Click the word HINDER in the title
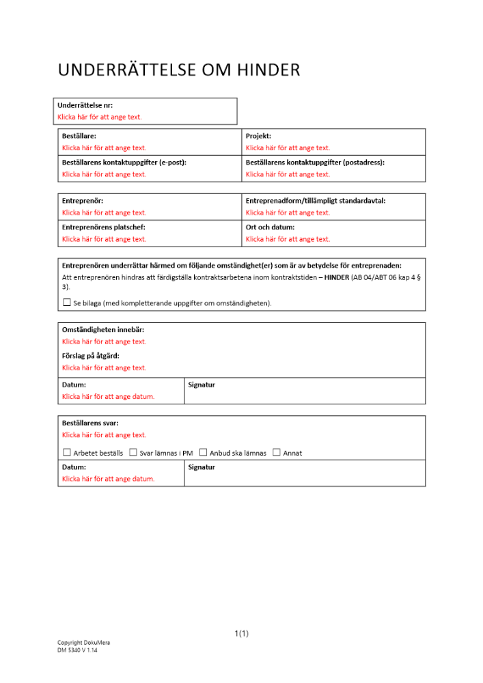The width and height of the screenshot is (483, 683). coord(268,70)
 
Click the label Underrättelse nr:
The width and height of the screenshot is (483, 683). coord(85,105)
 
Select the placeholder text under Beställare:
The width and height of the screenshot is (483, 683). coord(104,148)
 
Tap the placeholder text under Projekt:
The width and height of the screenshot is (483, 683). coord(288,148)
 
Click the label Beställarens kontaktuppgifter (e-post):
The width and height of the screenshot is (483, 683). coord(124,163)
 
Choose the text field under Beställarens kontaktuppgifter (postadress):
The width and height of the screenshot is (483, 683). coord(288,174)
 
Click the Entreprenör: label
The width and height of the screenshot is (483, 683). coord(83,201)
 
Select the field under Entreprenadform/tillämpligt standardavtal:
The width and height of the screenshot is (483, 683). coord(288,212)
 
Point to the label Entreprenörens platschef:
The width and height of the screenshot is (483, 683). coord(103,227)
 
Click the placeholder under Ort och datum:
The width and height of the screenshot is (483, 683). coord(288,239)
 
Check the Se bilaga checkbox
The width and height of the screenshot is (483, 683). coord(66,302)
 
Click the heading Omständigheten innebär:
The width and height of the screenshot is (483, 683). coord(103,330)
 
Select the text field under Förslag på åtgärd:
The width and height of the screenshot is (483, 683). coord(104,367)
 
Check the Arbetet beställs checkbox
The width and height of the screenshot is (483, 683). coord(66,452)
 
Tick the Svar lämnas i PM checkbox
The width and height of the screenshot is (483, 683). coord(133,452)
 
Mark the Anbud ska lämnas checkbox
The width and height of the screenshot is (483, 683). coord(203,452)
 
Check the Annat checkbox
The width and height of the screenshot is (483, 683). coord(276,452)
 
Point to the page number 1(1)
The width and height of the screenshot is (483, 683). coord(241,634)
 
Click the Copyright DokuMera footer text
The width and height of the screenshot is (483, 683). coord(83,643)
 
